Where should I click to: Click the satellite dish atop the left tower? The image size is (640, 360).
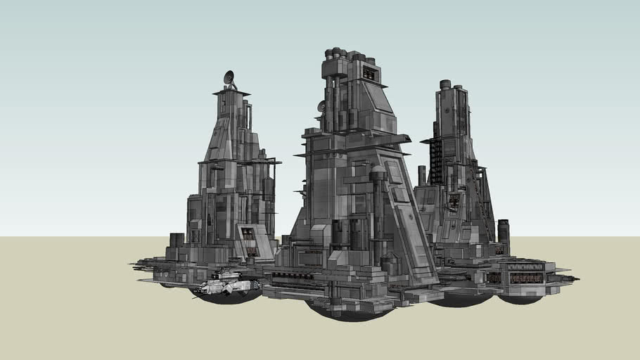click(229, 77)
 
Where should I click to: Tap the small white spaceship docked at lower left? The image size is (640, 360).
click(226, 286)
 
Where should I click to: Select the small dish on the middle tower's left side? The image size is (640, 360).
click(321, 106)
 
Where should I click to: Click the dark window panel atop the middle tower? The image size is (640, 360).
click(370, 74)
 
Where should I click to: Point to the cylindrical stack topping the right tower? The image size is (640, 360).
click(444, 85)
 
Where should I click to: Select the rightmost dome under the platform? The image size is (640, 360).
click(520, 298)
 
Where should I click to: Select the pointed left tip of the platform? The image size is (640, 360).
click(132, 265)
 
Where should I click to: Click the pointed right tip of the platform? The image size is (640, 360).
click(577, 278)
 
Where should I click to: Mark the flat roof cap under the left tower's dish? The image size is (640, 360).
click(231, 92)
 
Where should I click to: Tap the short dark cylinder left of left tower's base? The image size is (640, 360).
click(177, 240)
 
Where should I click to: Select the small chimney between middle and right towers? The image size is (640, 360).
click(421, 176)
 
